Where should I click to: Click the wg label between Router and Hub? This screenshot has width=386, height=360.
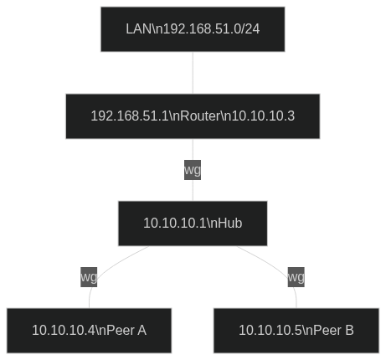[x=193, y=170]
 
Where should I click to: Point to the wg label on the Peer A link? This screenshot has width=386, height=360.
[x=89, y=276]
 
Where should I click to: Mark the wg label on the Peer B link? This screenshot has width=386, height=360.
[x=296, y=276]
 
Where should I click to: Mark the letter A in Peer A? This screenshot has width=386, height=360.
[x=142, y=331]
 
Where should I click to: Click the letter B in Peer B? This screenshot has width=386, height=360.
[x=349, y=331]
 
